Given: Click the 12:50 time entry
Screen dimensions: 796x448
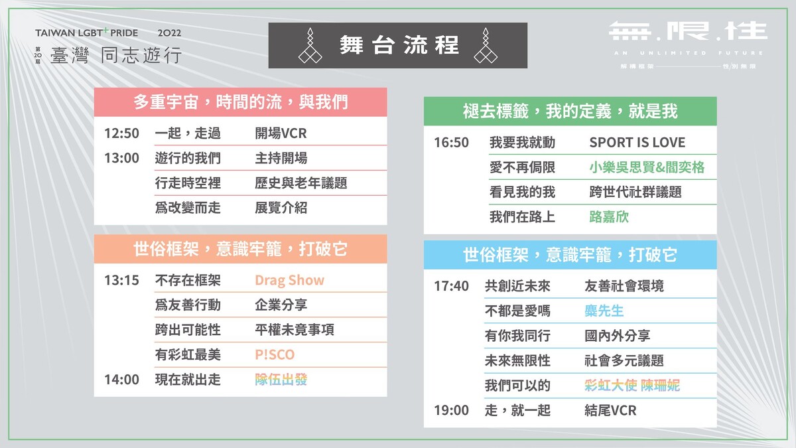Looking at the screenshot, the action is click(x=121, y=133).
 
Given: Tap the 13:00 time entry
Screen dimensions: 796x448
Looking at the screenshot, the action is click(x=121, y=158).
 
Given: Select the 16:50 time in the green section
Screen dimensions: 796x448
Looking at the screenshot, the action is click(x=451, y=143).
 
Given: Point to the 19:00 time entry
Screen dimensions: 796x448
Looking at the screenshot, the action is click(x=451, y=410).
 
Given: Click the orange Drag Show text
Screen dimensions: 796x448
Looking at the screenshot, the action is click(x=290, y=281).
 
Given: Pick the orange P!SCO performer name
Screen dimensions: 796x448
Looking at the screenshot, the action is click(x=275, y=355).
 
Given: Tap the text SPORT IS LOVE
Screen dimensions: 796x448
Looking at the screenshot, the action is click(x=637, y=143).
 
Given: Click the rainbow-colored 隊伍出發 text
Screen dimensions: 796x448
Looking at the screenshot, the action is click(x=281, y=380).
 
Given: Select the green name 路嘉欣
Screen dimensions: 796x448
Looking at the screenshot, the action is click(x=609, y=217).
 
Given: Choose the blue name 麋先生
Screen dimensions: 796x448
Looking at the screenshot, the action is click(x=604, y=311).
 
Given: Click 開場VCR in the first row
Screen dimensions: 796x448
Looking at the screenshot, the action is click(x=281, y=133).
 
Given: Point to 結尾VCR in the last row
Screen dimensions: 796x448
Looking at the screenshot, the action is click(x=610, y=411).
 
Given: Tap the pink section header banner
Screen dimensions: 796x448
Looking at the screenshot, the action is click(x=241, y=102).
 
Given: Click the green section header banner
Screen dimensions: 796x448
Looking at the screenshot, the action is click(x=570, y=112).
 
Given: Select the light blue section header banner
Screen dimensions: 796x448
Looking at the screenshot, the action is click(x=570, y=255).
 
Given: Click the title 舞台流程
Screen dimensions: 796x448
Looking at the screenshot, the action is click(x=399, y=45).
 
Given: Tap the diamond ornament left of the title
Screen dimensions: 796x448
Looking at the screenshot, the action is click(x=310, y=46).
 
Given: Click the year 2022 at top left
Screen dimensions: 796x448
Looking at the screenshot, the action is click(x=170, y=33).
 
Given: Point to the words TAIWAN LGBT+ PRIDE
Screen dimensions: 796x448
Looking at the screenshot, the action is click(x=87, y=33).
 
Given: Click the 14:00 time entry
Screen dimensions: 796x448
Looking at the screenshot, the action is click(x=121, y=380).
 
